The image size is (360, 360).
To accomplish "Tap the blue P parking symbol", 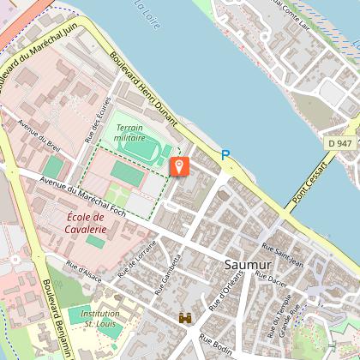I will (x=226, y=155).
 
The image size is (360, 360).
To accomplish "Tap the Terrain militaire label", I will (x=130, y=132).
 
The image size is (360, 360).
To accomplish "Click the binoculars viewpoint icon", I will (x=184, y=318).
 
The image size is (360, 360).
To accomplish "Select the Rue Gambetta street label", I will (x=167, y=273).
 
